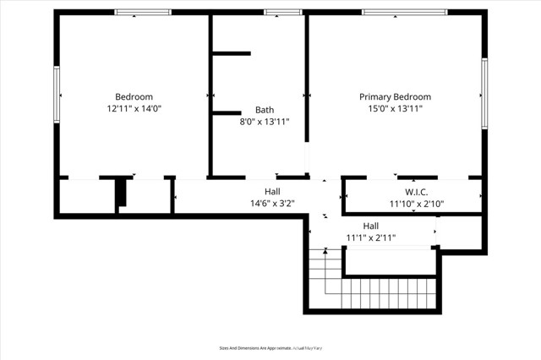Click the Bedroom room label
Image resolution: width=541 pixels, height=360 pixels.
click(x=134, y=96)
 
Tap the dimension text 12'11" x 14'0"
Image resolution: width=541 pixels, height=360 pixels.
click(x=134, y=109)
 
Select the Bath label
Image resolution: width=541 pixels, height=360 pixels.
click(x=265, y=110)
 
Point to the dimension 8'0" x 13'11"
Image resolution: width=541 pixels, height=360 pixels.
click(x=265, y=122)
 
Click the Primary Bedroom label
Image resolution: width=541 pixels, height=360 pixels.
click(x=395, y=97)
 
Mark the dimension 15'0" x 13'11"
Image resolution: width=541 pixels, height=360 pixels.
click(x=395, y=109)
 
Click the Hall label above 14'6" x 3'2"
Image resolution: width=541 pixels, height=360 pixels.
click(x=272, y=192)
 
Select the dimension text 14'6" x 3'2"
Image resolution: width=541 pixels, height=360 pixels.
click(x=272, y=204)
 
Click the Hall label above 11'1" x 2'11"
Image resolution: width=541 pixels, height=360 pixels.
click(x=371, y=226)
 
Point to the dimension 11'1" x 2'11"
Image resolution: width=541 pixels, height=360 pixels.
click(x=371, y=237)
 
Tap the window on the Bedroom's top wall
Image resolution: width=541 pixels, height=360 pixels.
click(x=143, y=13)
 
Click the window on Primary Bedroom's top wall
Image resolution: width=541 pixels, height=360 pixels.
click(x=392, y=13)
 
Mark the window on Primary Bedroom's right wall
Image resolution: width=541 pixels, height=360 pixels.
click(x=484, y=93)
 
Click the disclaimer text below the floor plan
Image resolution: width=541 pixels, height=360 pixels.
click(x=270, y=347)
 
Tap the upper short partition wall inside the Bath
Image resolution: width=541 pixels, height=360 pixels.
click(x=231, y=54)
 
